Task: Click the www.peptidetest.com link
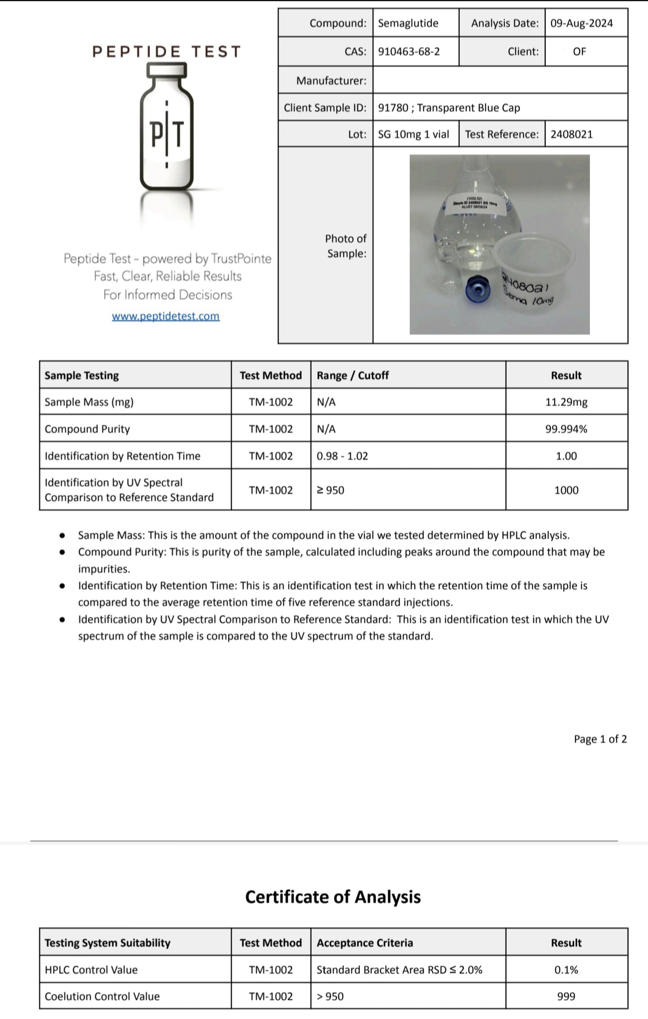(166, 316)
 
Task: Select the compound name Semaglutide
(408, 23)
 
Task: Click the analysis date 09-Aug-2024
(581, 23)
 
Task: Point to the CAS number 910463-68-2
(409, 52)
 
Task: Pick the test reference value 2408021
(571, 135)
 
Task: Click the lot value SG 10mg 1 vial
(413, 135)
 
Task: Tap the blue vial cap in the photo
(477, 288)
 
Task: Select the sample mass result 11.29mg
(566, 402)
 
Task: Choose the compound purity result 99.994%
(566, 429)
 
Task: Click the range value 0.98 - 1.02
(342, 456)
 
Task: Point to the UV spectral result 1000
(566, 490)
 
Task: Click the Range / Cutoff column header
(353, 376)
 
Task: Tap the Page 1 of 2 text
(600, 739)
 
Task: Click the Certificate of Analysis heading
(333, 897)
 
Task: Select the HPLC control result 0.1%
(566, 970)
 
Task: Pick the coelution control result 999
(566, 997)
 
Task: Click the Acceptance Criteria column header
(364, 943)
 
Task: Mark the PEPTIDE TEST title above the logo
(167, 52)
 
